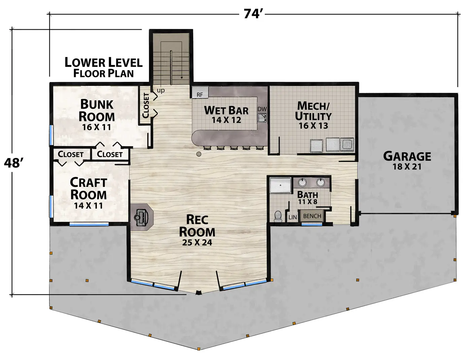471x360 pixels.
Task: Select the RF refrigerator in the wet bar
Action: tap(200, 93)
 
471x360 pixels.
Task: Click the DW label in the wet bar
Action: tap(262, 109)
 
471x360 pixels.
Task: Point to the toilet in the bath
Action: tap(278, 216)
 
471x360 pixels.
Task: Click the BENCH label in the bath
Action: tap(312, 216)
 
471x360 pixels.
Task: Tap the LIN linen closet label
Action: tap(293, 217)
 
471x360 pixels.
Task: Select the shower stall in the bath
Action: tap(280, 185)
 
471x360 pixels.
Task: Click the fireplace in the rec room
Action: tap(142, 217)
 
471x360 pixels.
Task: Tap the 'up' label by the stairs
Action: tap(161, 91)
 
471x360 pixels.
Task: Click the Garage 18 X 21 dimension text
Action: tap(407, 167)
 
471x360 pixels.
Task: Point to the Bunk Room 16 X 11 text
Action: tap(97, 127)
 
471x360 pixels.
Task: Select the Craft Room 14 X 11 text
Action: tap(88, 206)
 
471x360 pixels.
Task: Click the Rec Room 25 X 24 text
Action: tap(197, 242)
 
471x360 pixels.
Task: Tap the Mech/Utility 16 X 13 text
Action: tap(313, 126)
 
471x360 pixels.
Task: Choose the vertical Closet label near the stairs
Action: tap(146, 105)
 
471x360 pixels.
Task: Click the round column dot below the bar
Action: tap(199, 154)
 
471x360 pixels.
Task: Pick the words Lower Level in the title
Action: tap(103, 62)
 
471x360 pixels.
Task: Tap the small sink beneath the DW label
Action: tap(262, 118)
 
